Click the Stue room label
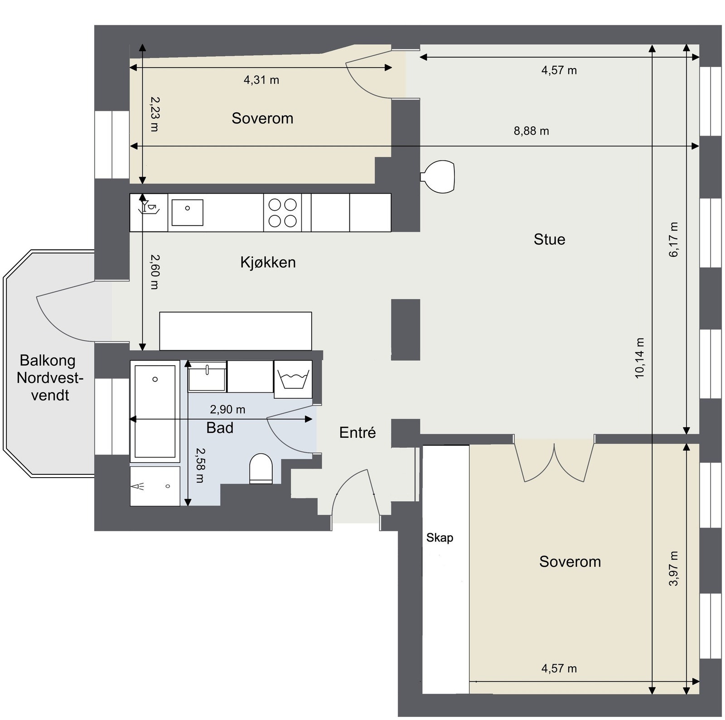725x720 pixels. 549,239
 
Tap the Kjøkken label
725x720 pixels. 268,262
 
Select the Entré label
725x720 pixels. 358,433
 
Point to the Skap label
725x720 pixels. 440,538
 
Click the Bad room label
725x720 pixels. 220,428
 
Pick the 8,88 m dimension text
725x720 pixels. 531,131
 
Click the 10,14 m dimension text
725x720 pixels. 639,358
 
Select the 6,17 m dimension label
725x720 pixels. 674,240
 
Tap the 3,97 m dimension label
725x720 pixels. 674,569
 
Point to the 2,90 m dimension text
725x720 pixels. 227,410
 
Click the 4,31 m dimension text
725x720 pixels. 261,80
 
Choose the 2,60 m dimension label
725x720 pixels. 155,272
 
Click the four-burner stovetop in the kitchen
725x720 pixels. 283,213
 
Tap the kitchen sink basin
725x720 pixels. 187,213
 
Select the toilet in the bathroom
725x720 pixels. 261,469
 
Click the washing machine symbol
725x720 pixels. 293,379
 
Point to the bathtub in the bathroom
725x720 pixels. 155,411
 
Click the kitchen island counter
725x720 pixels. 236,331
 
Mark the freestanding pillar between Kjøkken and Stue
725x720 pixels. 406,329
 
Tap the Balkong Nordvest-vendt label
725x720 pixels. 50,378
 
